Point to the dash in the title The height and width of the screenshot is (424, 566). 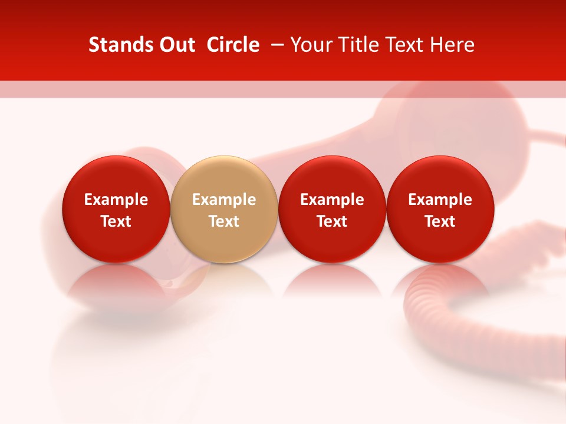point(275,45)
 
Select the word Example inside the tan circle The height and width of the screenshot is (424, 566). point(224,200)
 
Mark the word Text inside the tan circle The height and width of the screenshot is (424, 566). point(224,221)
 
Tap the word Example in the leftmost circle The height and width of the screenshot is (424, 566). point(116,200)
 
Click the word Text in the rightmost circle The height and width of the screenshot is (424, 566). point(440,221)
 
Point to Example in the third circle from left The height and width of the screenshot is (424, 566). point(332,200)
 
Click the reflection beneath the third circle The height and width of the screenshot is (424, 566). point(332,281)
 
